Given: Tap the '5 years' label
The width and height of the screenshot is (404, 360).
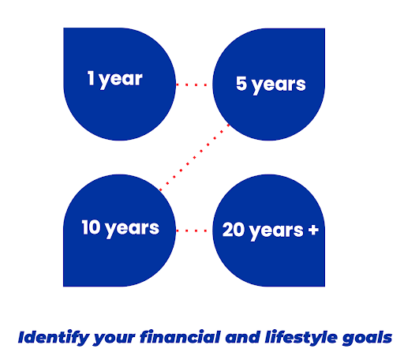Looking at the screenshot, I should pyautogui.click(x=271, y=83).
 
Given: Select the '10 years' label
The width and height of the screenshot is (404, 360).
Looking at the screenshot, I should pyautogui.click(x=120, y=228).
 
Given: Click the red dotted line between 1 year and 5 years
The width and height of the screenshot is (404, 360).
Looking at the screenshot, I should pyautogui.click(x=194, y=82).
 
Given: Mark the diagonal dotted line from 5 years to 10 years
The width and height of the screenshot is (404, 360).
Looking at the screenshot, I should pyautogui.click(x=194, y=157).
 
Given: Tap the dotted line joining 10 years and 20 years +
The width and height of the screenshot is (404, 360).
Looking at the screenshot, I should pyautogui.click(x=194, y=231).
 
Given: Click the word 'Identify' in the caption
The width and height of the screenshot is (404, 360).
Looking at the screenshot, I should pyautogui.click(x=49, y=337).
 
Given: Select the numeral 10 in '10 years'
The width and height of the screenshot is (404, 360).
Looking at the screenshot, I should pyautogui.click(x=89, y=228).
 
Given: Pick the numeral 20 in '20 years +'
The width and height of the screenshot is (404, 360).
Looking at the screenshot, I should pyautogui.click(x=234, y=230).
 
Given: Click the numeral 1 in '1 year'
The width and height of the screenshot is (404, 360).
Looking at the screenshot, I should pyautogui.click(x=92, y=79).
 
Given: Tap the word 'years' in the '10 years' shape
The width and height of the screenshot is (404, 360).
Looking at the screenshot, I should pyautogui.click(x=132, y=229).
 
